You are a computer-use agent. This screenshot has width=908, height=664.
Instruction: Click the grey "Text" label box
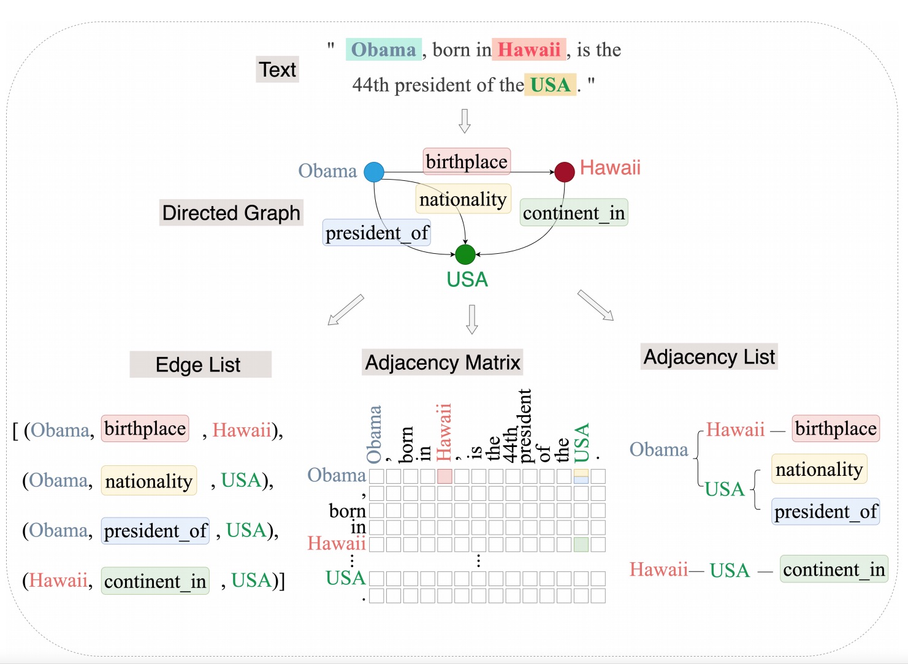click(277, 69)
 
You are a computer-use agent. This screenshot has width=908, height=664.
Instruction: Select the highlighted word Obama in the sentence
click(384, 49)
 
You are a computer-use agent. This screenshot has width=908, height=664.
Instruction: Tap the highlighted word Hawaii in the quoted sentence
click(528, 49)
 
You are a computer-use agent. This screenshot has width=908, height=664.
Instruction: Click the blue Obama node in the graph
click(374, 172)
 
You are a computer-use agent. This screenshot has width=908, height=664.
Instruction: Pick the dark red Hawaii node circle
click(565, 172)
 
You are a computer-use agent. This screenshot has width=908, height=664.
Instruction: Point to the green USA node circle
click(465, 254)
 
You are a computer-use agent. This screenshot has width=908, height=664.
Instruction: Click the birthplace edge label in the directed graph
click(467, 161)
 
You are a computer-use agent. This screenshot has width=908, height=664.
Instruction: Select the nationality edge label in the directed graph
click(463, 199)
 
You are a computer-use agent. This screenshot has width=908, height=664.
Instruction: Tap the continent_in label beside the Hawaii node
click(574, 213)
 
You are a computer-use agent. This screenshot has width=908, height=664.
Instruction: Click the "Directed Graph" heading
click(231, 213)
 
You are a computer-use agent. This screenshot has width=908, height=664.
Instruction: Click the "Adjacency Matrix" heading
click(442, 362)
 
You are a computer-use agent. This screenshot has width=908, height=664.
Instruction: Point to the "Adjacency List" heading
click(709, 356)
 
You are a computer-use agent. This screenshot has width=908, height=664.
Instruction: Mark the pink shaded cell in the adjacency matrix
click(444, 476)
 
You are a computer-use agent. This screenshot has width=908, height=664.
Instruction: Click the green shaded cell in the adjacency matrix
click(581, 544)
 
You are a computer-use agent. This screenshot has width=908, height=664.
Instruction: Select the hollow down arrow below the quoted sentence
click(465, 121)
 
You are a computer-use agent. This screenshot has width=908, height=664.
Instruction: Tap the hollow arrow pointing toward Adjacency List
click(595, 305)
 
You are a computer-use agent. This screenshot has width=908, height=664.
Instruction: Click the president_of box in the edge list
click(156, 531)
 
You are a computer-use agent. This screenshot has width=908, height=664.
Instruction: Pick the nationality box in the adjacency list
click(819, 469)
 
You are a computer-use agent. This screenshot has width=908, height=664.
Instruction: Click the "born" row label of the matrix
click(347, 511)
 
